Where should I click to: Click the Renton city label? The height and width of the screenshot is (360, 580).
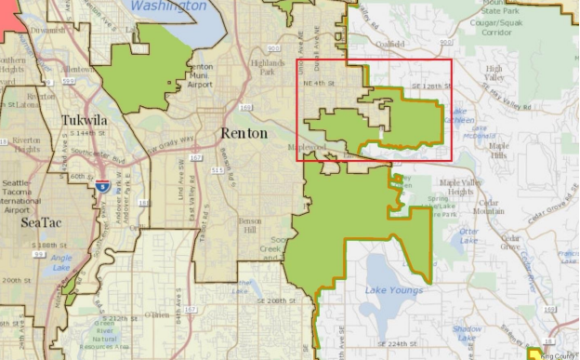pos(244,134)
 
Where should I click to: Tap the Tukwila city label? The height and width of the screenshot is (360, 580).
pos(86,121)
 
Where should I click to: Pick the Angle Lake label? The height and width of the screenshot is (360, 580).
pos(61,262)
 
